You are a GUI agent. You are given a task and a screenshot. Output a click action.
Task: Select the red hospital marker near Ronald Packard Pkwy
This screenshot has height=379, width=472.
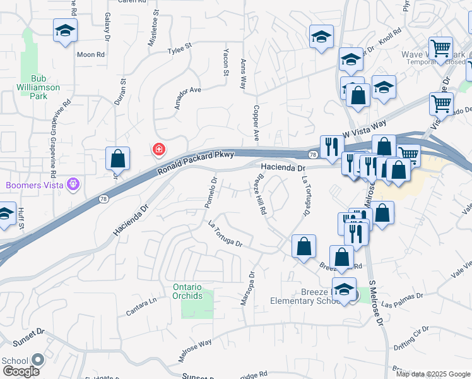[x=158, y=150]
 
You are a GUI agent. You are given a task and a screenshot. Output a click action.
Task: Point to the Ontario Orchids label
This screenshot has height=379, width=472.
[x=187, y=291]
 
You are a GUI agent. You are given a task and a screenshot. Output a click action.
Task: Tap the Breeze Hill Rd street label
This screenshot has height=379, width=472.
[x=259, y=195]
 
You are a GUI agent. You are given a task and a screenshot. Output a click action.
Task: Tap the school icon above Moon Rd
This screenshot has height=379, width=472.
[x=64, y=32]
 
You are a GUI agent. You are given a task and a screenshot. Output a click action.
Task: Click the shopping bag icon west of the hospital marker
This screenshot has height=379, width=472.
[x=118, y=159]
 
